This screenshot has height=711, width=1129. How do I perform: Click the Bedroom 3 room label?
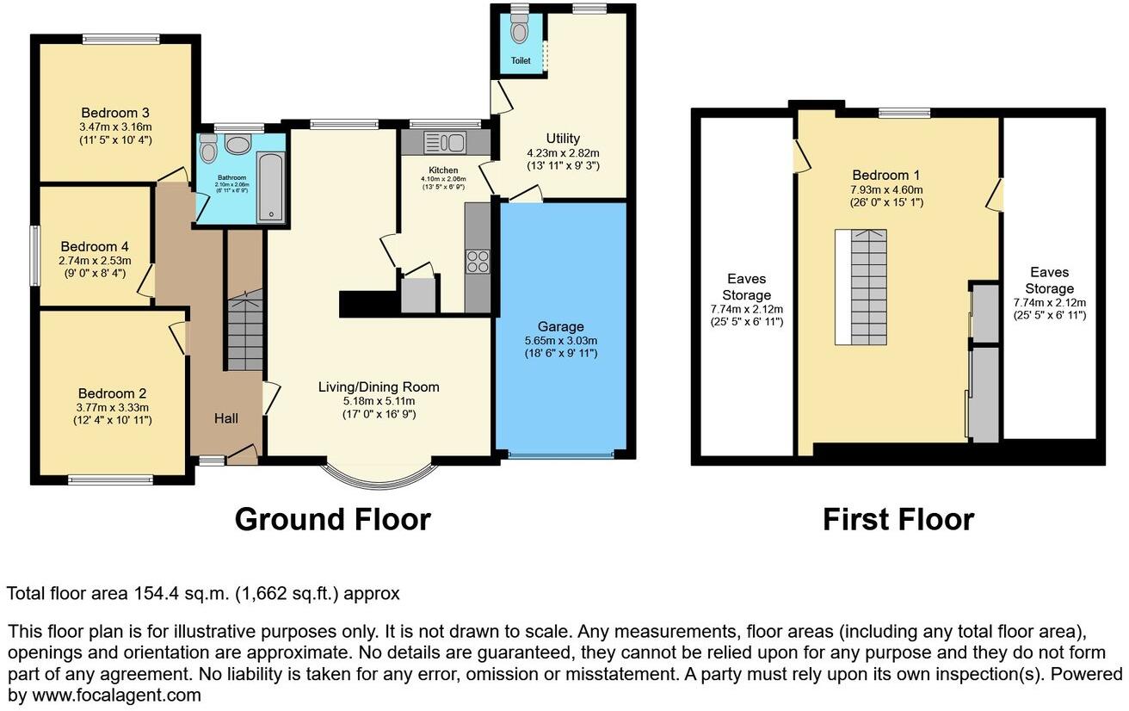[115, 113]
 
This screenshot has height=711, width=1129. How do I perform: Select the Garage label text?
[560, 326]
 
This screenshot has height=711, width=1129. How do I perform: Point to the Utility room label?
[563, 139]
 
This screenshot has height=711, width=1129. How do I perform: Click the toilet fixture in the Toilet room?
[519, 31]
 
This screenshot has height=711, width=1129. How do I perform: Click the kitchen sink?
[445, 142]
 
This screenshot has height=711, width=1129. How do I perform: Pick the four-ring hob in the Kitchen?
[478, 261]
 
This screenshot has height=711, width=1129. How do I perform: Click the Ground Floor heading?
[332, 519]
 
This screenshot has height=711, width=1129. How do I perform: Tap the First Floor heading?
[898, 519]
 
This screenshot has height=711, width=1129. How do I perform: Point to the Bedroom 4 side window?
[34, 256]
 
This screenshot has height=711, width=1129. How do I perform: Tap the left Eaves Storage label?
[746, 287]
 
